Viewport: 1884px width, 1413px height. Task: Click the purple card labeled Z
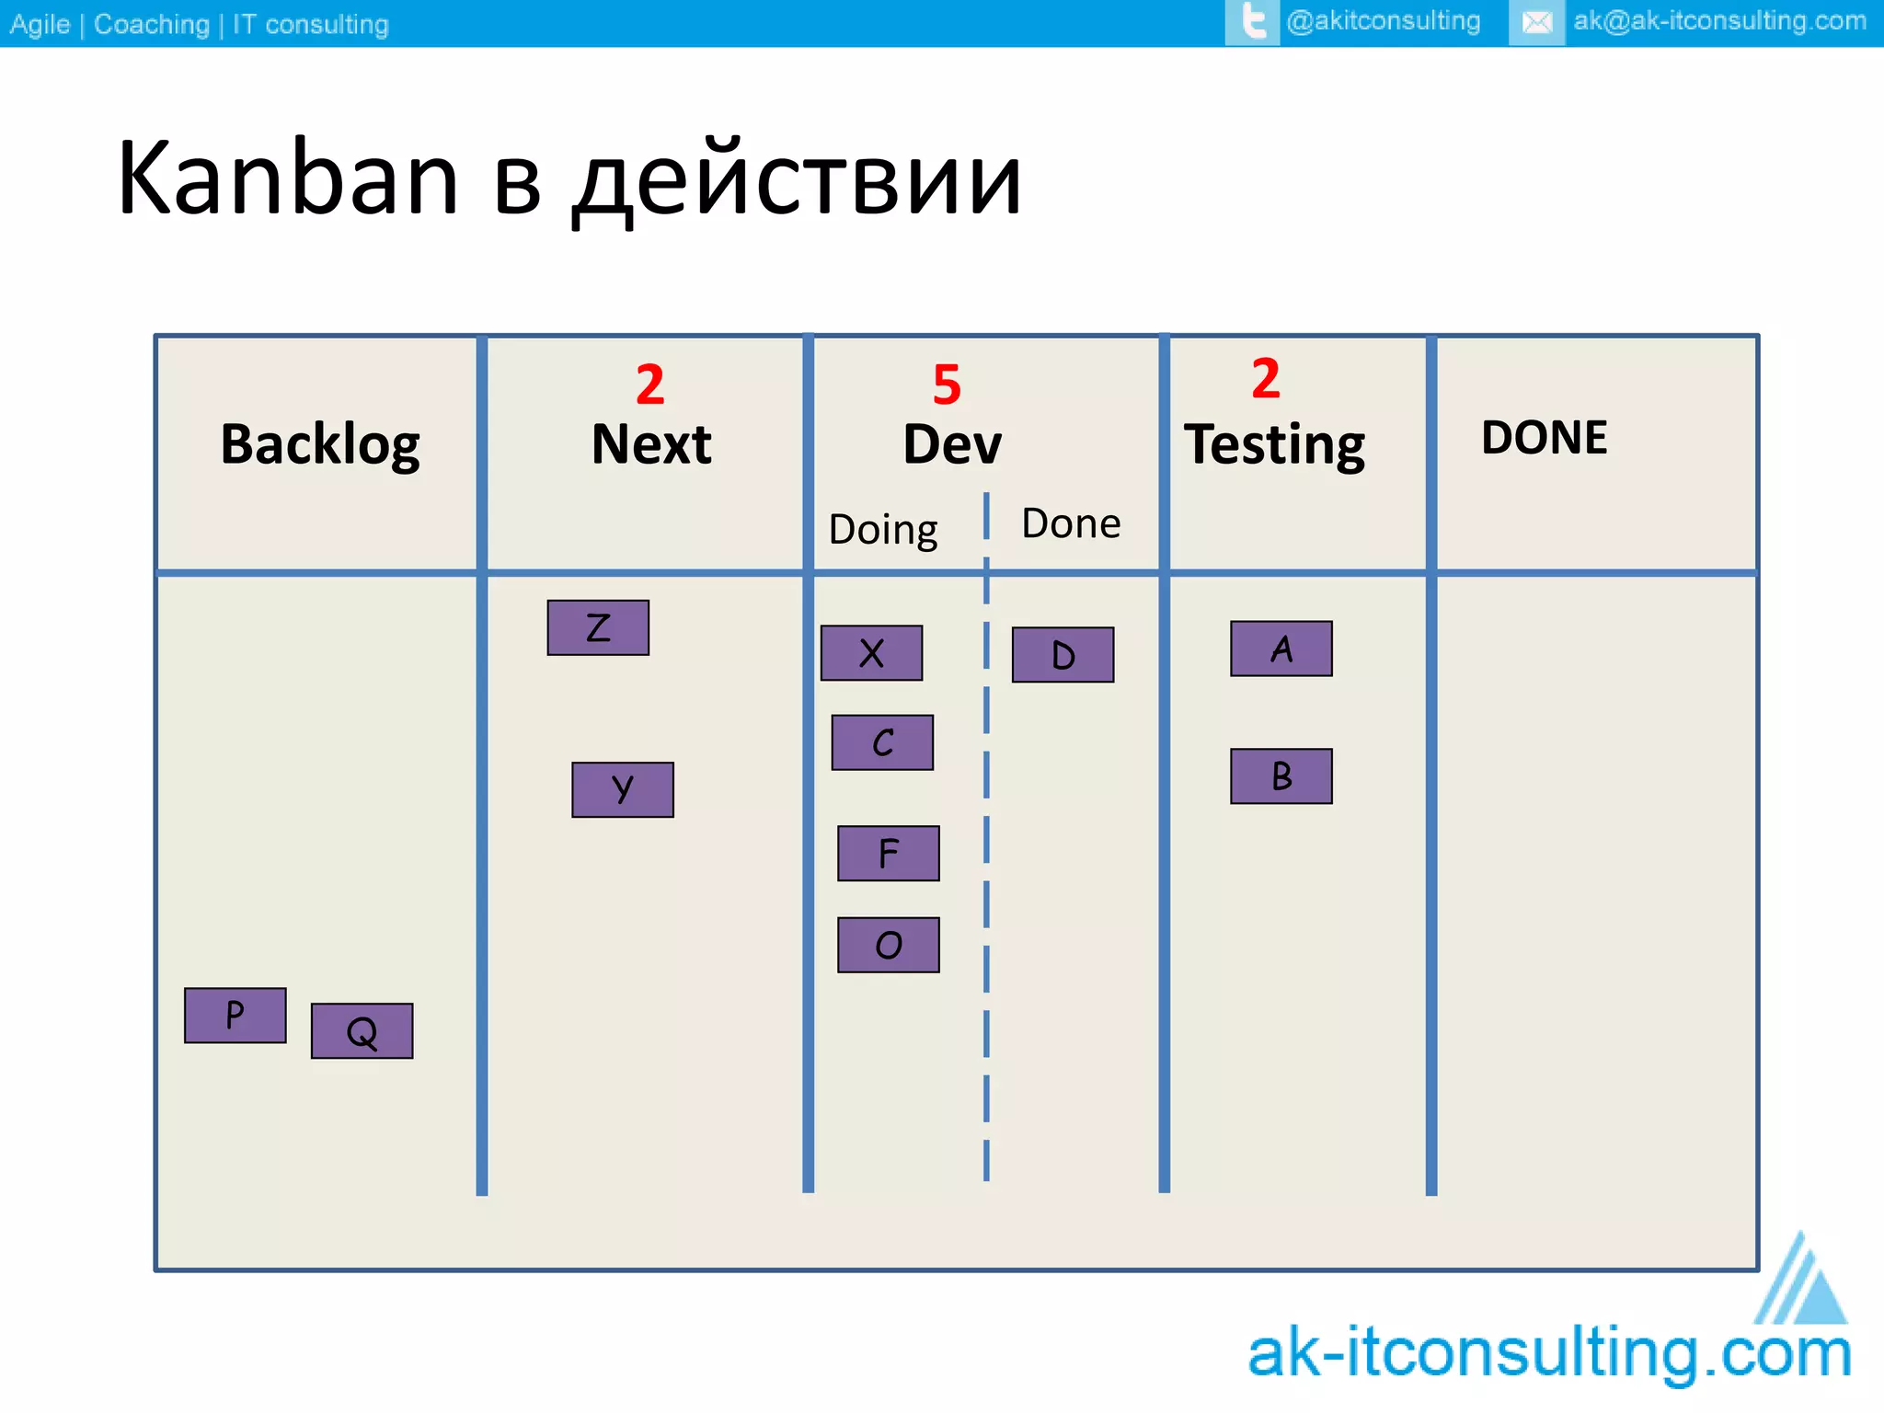[x=598, y=627]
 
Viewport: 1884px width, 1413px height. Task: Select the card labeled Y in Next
[x=623, y=789]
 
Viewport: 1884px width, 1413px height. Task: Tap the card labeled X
[x=871, y=653]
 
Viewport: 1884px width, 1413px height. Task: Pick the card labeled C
[x=882, y=742]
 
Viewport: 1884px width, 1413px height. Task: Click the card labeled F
[x=888, y=853]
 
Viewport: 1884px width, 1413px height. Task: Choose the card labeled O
[x=888, y=945]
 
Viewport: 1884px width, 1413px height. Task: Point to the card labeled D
[x=1063, y=655]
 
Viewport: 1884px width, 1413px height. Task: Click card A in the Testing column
[x=1281, y=649]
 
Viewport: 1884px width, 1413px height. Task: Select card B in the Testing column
[x=1281, y=776]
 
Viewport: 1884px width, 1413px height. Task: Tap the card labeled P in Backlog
[x=235, y=1016]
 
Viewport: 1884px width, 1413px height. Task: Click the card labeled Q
[x=362, y=1031]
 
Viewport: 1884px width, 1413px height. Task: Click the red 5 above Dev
[x=947, y=385]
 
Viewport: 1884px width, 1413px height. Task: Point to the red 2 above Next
[x=650, y=385]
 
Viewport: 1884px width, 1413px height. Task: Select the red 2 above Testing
[x=1266, y=378]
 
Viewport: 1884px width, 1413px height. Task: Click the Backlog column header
[x=320, y=444]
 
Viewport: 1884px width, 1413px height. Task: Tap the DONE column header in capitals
[x=1544, y=438]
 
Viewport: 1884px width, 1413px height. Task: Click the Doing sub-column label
[x=883, y=530]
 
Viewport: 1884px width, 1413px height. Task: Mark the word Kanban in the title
[x=288, y=178]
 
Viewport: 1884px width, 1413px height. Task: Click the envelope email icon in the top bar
[x=1536, y=22]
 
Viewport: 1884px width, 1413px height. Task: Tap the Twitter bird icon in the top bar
[x=1252, y=22]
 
